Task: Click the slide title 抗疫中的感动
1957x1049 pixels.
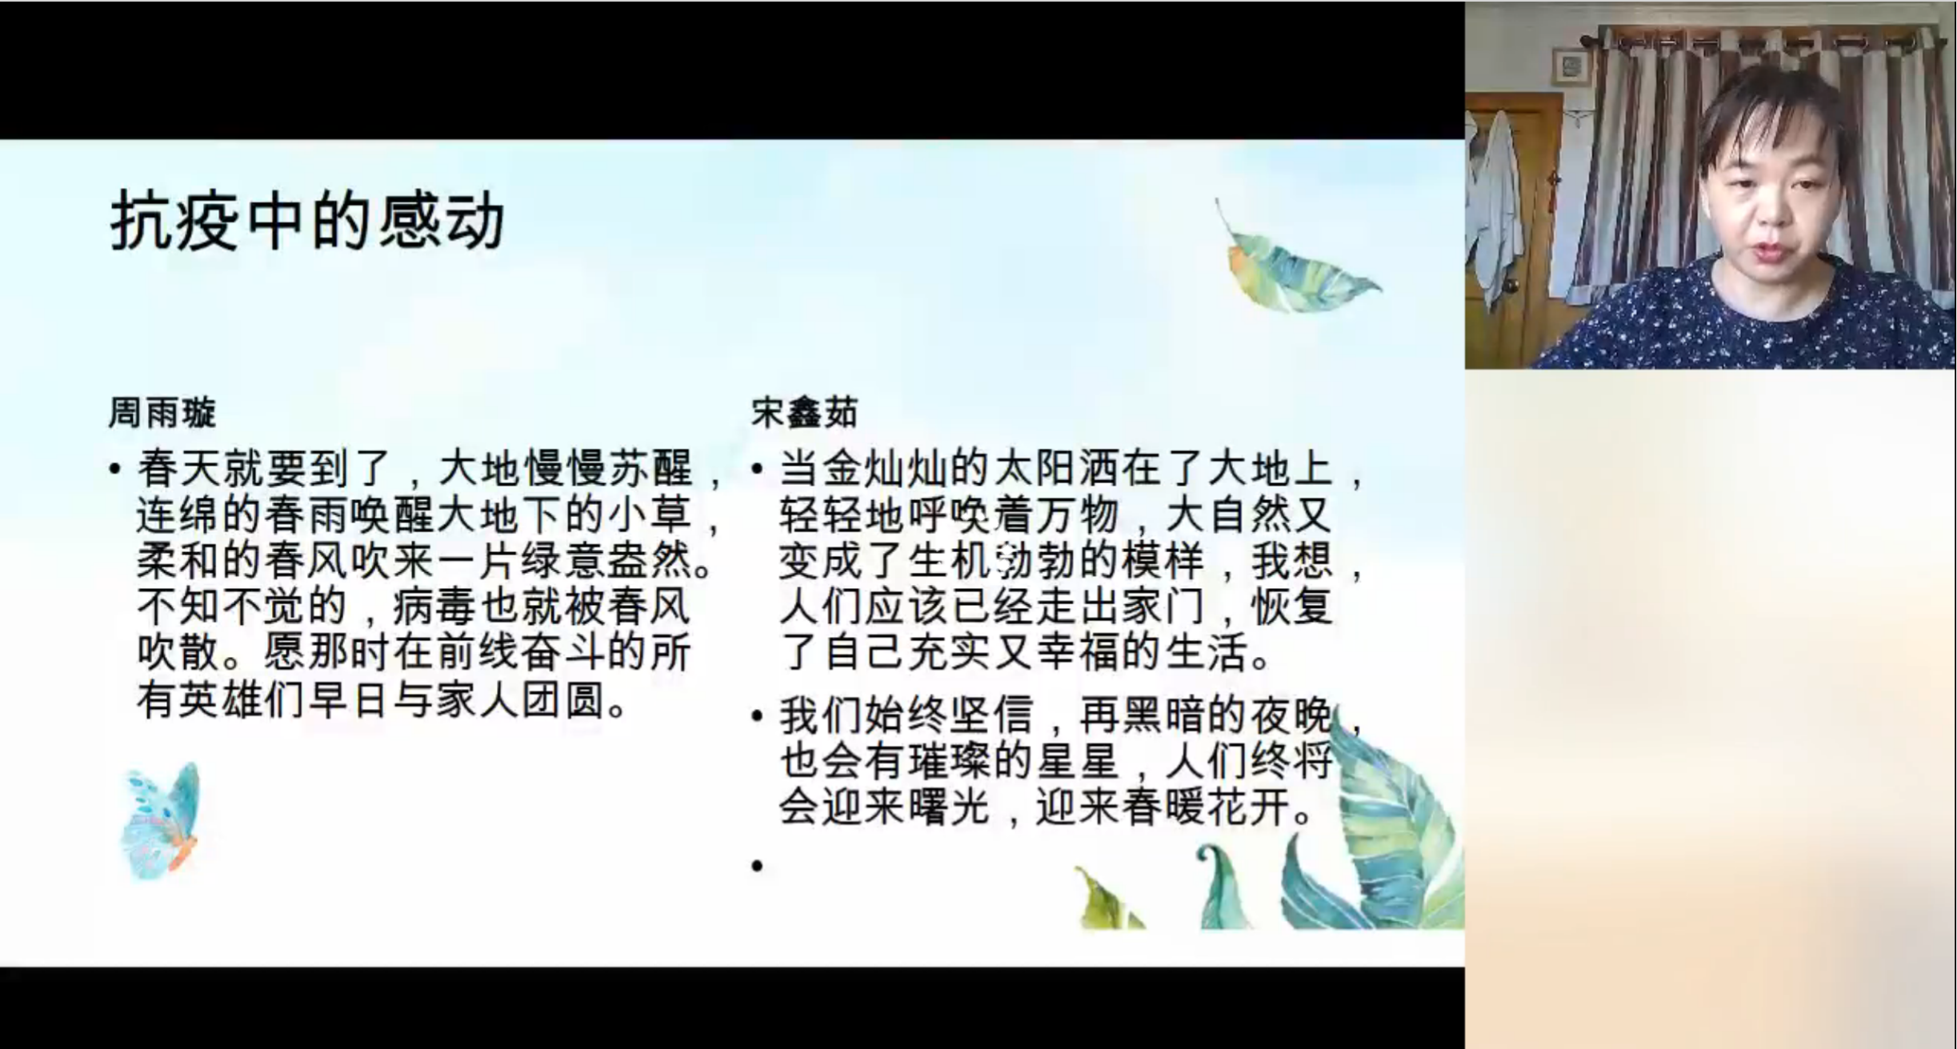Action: point(307,221)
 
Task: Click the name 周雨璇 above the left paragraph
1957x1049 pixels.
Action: point(162,413)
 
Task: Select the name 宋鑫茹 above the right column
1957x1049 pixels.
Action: point(804,413)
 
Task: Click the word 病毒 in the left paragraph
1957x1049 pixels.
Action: point(435,607)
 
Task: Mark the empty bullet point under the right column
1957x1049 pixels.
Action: point(757,865)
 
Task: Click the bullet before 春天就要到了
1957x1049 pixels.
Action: point(115,469)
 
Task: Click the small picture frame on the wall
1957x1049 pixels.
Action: point(1571,66)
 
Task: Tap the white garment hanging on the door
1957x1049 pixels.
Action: point(1495,204)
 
